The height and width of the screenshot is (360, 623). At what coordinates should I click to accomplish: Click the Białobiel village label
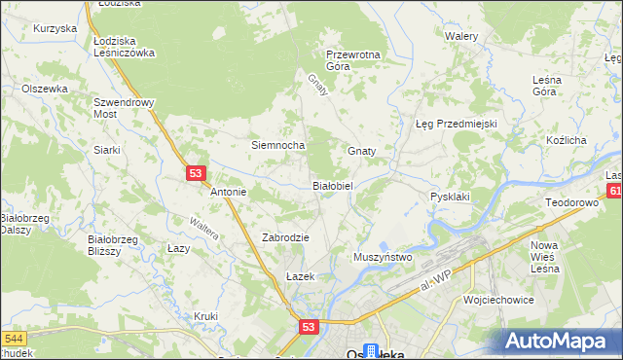pos(338,185)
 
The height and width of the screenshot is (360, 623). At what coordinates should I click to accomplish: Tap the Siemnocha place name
pos(278,146)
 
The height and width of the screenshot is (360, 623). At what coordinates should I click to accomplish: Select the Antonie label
pos(229,193)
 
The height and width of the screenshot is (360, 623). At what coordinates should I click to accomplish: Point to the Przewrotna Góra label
pos(352,60)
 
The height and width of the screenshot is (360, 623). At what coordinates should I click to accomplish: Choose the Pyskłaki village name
pos(450,197)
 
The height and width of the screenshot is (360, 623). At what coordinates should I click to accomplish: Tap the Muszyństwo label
pos(383,257)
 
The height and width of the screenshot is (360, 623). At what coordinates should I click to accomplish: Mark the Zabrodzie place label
pos(285,237)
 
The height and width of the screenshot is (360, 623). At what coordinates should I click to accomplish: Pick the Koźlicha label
pos(566,141)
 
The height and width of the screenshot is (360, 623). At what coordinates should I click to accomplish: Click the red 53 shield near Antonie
pos(196,173)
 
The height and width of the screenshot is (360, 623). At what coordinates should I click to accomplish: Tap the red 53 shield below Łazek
pos(309,329)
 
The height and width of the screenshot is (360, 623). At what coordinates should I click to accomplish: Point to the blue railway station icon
pos(371,350)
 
